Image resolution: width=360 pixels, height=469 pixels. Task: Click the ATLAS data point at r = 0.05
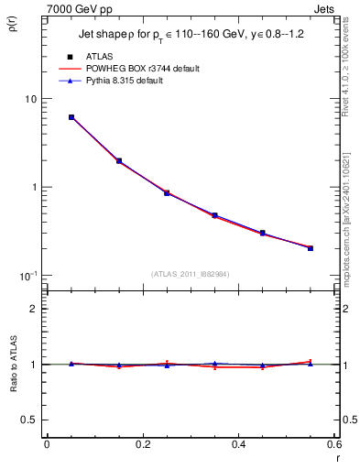[x=71, y=117]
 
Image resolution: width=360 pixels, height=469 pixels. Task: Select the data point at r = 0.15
[x=119, y=161]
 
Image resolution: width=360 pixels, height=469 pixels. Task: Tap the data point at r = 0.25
[x=167, y=192]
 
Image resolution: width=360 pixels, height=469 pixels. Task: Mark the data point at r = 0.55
[x=311, y=247]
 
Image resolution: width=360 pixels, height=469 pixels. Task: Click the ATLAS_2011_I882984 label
[x=191, y=275]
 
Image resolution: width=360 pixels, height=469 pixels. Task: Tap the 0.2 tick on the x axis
[x=143, y=445]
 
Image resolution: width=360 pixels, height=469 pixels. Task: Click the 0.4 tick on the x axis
[x=239, y=445]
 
